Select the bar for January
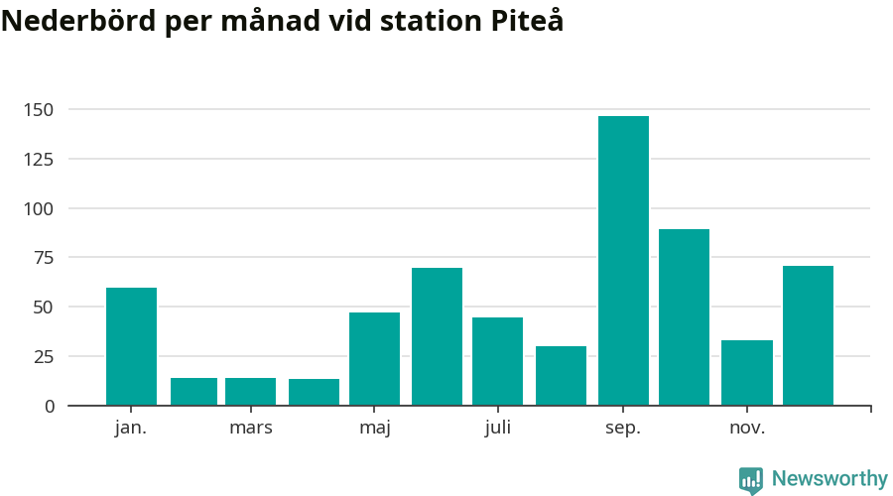131,346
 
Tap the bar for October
684,317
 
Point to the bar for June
437,336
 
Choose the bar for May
374,358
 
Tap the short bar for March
250,391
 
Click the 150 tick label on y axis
40,109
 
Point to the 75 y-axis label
45,258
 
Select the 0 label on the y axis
50,406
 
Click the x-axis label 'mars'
250,429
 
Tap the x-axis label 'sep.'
623,429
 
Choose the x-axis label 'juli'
498,429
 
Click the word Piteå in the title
527,21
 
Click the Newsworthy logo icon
751,480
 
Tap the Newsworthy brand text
829,479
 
